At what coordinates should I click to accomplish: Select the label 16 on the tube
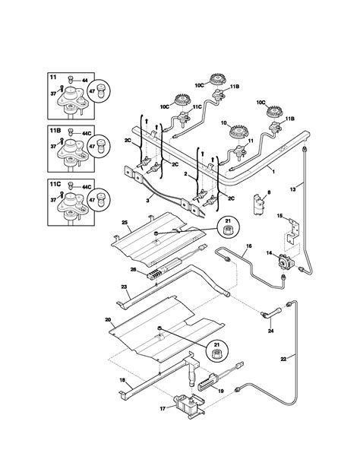248,247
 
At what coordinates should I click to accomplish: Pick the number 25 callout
126,225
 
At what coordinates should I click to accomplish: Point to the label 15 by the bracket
279,216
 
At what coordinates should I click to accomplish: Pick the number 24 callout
270,330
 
